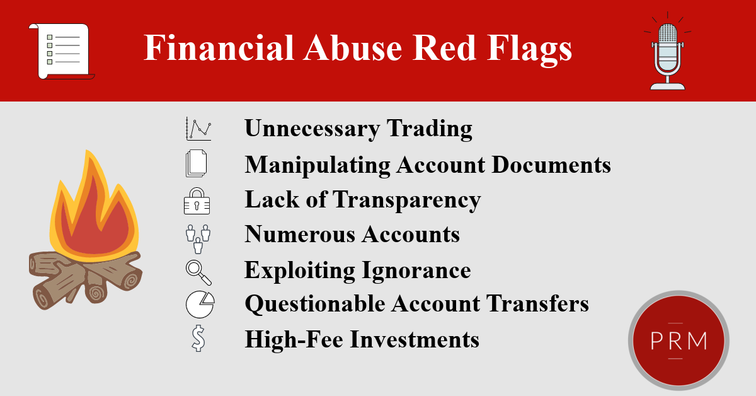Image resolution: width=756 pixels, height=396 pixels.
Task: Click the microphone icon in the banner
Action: click(667, 55)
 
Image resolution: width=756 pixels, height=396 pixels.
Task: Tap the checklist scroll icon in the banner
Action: click(60, 51)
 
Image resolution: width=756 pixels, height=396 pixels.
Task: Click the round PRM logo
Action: click(678, 341)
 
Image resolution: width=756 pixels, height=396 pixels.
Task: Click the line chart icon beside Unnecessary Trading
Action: click(198, 129)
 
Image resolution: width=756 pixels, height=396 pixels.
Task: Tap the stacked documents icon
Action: click(196, 164)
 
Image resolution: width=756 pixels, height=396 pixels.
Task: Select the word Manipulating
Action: click(317, 165)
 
